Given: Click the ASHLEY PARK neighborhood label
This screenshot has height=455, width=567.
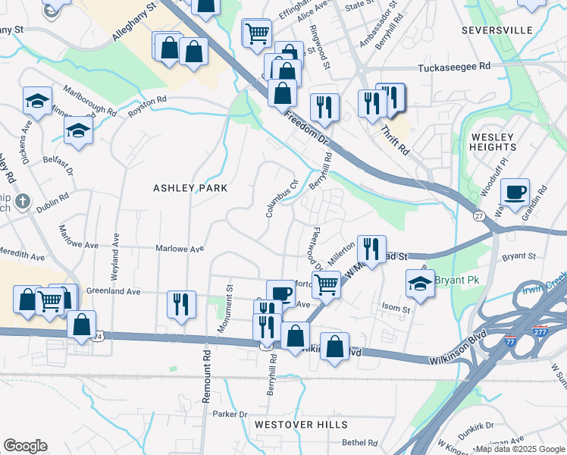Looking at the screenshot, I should click(x=190, y=188).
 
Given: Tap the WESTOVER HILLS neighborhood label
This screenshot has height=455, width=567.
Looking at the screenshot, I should click(x=301, y=425).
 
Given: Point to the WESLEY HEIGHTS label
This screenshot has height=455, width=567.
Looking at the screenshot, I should click(x=493, y=142).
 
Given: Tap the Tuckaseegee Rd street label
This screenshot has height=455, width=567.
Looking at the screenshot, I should click(x=454, y=67).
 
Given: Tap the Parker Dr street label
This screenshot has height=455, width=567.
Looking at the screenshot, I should click(x=230, y=414).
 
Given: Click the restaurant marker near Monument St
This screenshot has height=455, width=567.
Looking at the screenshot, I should click(x=182, y=303).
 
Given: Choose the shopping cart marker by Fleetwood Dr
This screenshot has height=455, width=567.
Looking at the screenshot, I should click(x=326, y=284).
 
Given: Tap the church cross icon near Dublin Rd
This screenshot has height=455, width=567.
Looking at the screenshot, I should click(x=23, y=202).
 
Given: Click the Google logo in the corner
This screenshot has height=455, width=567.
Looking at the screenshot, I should click(x=25, y=446).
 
